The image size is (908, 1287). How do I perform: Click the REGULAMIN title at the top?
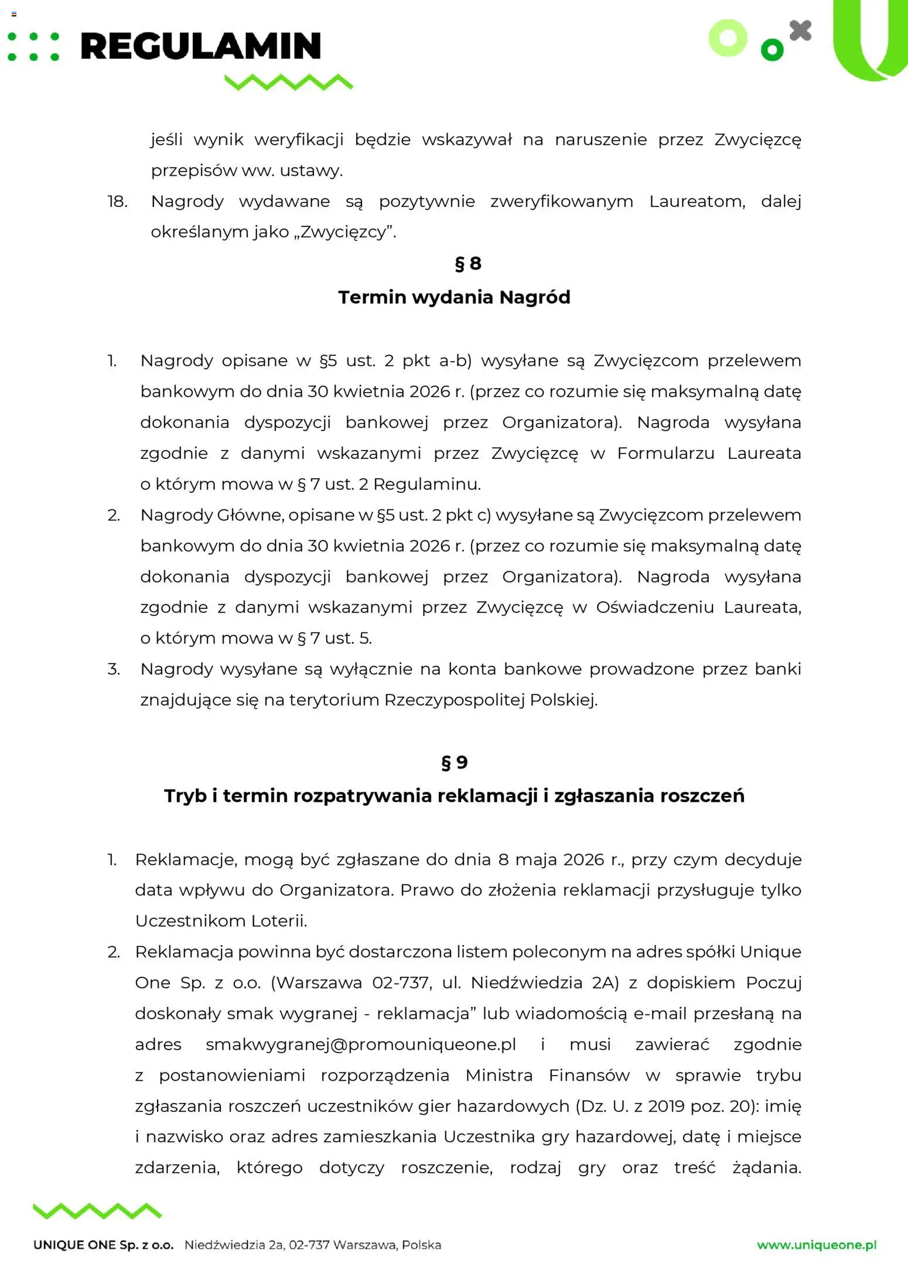[x=200, y=46]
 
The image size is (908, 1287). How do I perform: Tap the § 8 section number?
[x=467, y=263]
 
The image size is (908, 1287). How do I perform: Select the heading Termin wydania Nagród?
[x=454, y=297]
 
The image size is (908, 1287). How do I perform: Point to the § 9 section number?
[x=454, y=762]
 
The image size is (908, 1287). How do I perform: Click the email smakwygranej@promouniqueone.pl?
[x=360, y=1044]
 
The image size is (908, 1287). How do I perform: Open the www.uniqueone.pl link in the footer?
[x=816, y=1245]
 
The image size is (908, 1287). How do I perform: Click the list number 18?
[x=117, y=201]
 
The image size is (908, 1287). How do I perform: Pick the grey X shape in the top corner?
[x=800, y=30]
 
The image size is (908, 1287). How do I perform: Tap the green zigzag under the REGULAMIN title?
[x=289, y=82]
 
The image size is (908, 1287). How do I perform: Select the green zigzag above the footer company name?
[x=97, y=1211]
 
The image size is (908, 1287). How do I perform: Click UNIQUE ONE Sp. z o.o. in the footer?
[x=103, y=1245]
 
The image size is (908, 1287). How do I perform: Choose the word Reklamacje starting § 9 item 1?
[x=185, y=859]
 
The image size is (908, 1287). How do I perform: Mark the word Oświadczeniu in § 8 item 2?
[x=655, y=607]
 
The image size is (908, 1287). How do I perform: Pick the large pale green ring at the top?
[x=728, y=38]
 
